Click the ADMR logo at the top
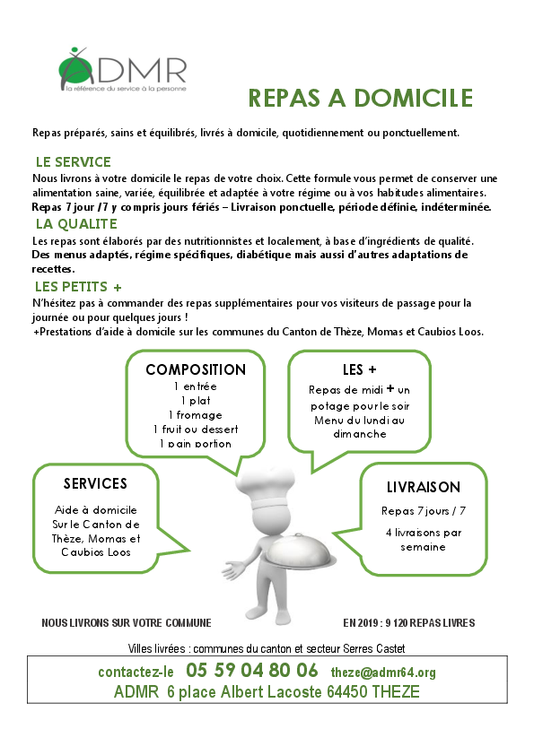coord(122,69)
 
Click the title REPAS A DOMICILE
coord(361,98)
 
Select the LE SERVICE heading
coord(74,161)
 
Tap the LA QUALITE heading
coord(76,224)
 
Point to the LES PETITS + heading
coord(78,287)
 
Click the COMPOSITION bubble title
coord(196,369)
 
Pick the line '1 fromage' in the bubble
coord(196,415)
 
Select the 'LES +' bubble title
coord(359,369)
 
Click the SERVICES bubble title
coord(95,483)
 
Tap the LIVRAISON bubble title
coord(424,487)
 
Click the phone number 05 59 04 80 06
coord(252,671)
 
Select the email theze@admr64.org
coord(383,673)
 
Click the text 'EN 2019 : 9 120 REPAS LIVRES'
coord(409,623)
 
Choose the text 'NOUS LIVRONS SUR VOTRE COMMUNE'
coord(127,623)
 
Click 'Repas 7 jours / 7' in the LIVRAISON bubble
coord(424,511)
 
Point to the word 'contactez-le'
coord(136,673)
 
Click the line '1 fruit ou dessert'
coord(196,429)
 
